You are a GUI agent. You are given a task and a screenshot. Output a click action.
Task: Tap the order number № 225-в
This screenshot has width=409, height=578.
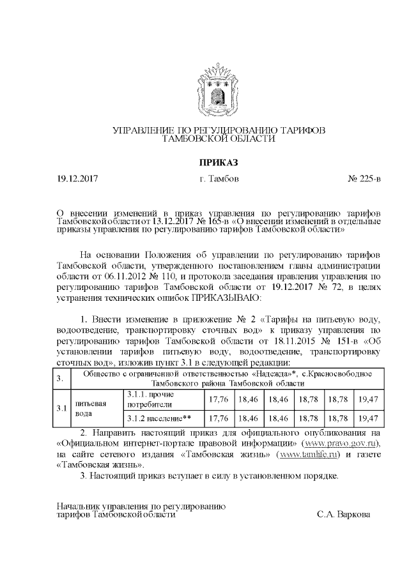(364, 179)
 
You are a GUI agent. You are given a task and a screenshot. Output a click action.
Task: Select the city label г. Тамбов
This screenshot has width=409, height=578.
(219, 179)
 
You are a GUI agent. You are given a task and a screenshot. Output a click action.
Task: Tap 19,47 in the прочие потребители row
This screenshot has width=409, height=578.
(369, 400)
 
